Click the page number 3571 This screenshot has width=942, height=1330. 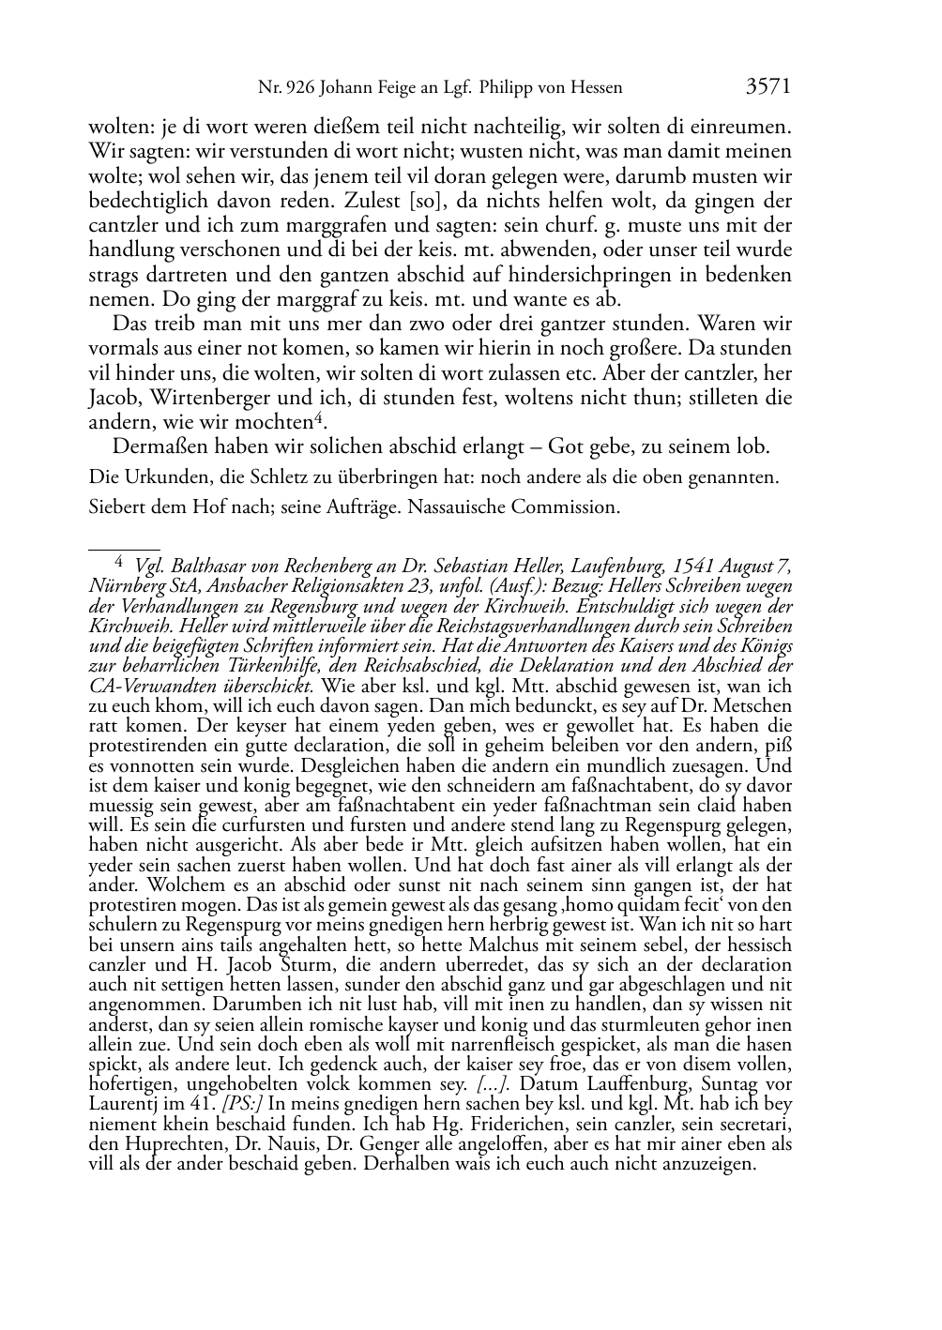[x=768, y=87]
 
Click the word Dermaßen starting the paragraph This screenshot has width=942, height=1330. [x=156, y=446]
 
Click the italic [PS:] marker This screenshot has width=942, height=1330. [x=247, y=1104]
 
